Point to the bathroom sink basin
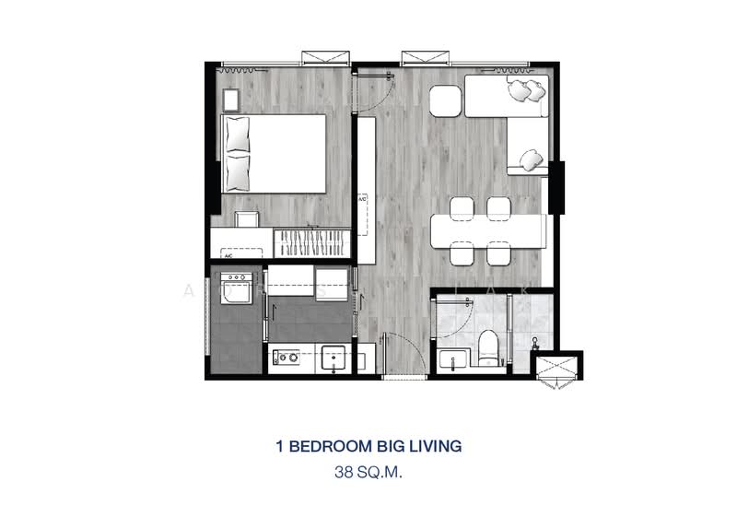[451, 358]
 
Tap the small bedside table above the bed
[228, 97]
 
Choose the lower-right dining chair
[498, 251]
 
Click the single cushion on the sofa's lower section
[530, 160]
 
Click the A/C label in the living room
[362, 199]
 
